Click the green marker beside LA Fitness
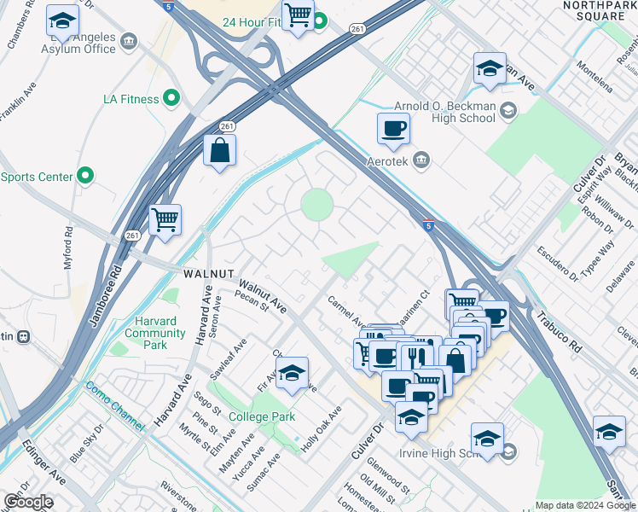point(171,99)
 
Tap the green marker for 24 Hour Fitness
point(320,20)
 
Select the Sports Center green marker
point(84,177)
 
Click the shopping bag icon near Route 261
point(220,150)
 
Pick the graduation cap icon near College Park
point(292,372)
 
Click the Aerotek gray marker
point(420,160)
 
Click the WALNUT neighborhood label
point(208,273)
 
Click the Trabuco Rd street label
point(559,319)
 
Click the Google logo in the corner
point(28,502)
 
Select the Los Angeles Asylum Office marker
point(129,41)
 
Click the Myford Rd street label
point(68,248)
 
